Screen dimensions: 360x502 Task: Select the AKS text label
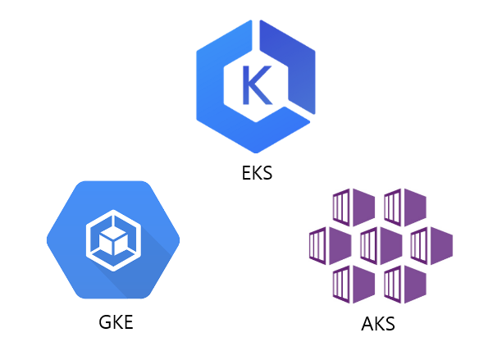(378, 323)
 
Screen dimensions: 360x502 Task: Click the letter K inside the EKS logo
(255, 82)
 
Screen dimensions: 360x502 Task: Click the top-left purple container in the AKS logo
(354, 207)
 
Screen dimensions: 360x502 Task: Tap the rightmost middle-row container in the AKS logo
(431, 244)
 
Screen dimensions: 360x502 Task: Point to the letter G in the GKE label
(100, 321)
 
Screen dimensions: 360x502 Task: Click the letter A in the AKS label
(367, 323)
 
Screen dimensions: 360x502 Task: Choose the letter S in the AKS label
(390, 323)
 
